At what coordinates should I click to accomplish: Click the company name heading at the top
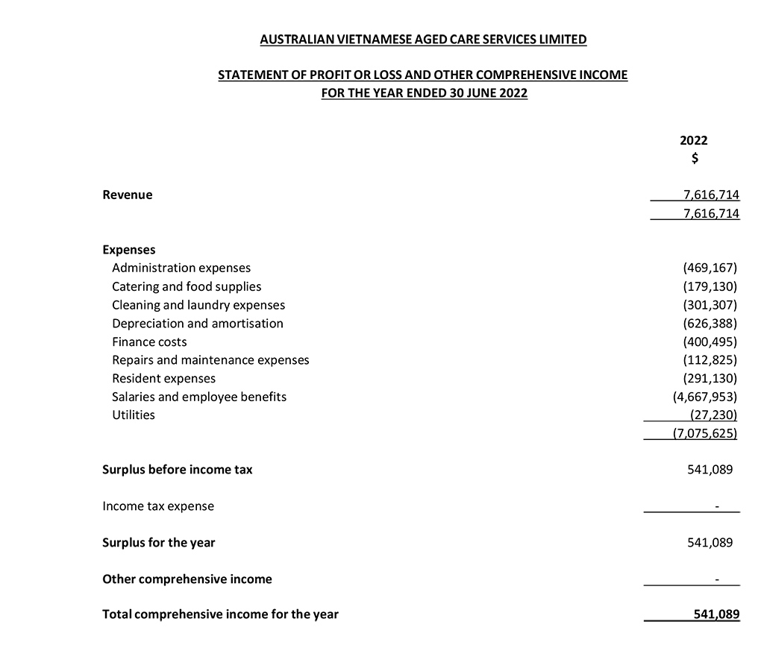pos(423,40)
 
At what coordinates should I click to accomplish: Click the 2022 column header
pos(694,140)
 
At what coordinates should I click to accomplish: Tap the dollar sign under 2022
pos(695,158)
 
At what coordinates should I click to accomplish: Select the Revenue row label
pos(127,195)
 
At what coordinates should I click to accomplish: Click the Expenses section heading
pos(128,250)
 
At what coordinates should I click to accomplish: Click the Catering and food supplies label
pos(187,286)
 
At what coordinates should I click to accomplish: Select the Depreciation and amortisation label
pos(198,324)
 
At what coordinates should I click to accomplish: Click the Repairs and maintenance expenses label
pos(210,360)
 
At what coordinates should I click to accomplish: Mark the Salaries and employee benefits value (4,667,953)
pos(705,397)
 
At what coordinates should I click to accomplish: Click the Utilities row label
pos(134,415)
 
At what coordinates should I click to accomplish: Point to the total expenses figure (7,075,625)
pos(705,433)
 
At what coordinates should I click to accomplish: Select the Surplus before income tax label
pos(177,470)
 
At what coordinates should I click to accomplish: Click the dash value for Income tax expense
pos(717,507)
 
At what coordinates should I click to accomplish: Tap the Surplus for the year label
pos(158,543)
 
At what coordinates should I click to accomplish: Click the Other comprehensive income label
pos(187,579)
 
